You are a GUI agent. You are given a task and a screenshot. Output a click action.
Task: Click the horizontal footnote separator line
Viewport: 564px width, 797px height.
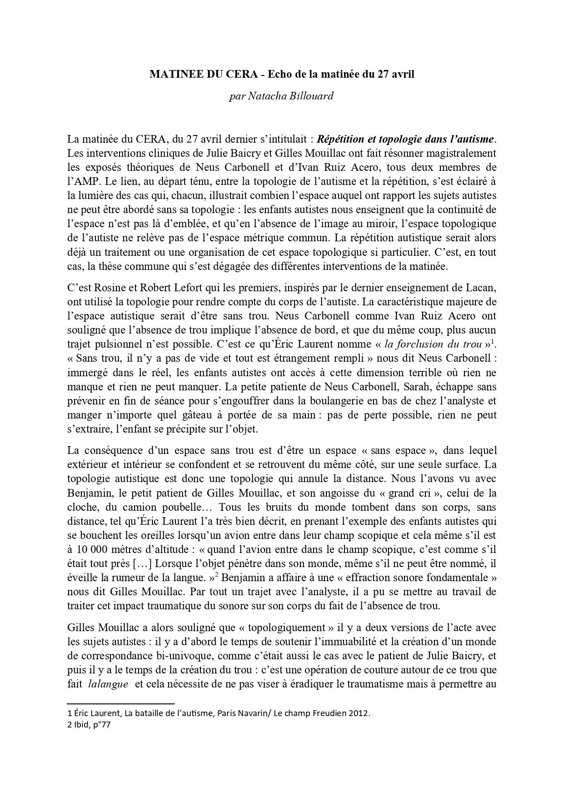point(120,703)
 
